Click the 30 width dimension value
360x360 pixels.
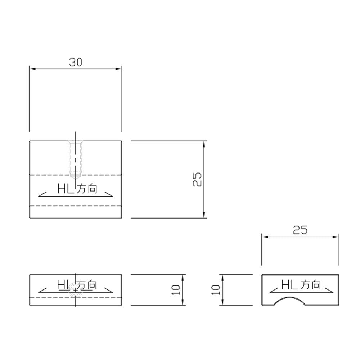(76, 62)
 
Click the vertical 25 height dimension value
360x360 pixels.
(197, 179)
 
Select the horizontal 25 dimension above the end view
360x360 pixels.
(300, 230)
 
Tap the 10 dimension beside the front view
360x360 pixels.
(176, 290)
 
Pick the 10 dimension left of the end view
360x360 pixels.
(216, 290)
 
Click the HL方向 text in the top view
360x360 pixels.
(77, 189)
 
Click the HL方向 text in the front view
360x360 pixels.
(77, 285)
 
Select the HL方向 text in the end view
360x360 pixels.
(301, 285)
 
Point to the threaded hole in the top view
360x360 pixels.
(76, 160)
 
